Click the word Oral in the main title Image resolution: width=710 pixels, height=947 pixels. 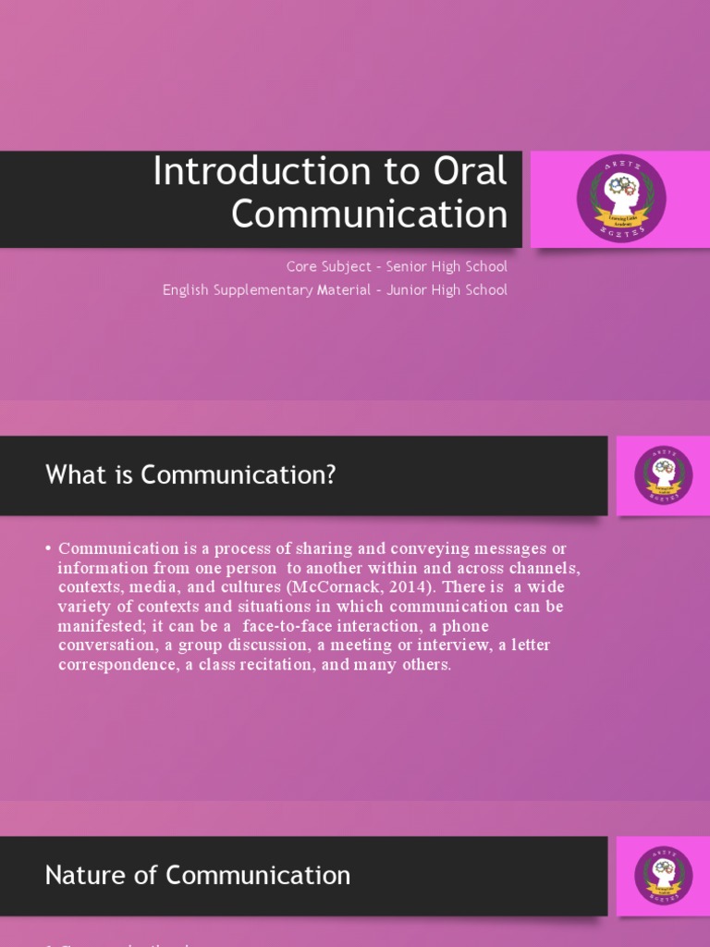click(x=468, y=172)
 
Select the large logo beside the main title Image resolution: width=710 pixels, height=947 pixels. click(x=621, y=195)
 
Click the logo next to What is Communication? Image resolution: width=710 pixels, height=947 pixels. click(x=663, y=474)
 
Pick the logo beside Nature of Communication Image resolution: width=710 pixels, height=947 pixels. click(x=663, y=875)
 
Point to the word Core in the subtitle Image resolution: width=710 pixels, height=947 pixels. click(x=302, y=266)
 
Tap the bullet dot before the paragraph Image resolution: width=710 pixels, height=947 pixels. click(x=48, y=549)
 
